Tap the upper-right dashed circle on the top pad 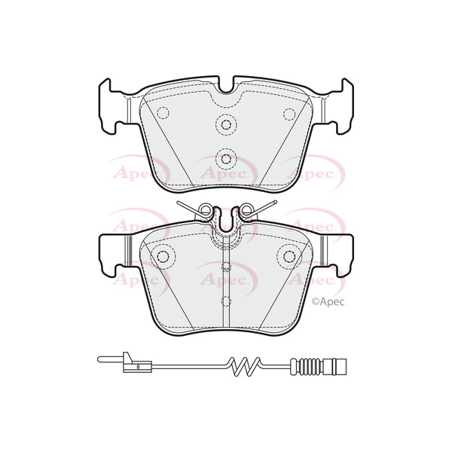[289, 113]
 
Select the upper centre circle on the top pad [226, 124]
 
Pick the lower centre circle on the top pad [226, 157]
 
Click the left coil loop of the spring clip [206, 211]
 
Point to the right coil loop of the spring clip [246, 211]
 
